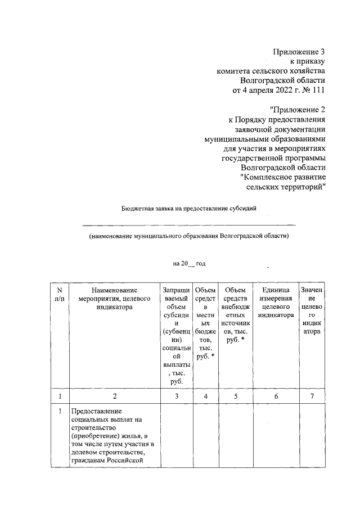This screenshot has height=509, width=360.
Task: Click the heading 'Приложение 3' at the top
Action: (299, 52)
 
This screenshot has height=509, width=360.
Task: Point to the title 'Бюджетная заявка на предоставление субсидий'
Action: (189, 208)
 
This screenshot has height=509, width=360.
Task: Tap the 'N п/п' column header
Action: (60, 294)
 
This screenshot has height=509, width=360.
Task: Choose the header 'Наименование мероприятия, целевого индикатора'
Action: (114, 298)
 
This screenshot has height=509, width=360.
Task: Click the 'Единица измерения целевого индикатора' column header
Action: (276, 303)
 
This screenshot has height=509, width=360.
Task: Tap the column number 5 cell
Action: (236, 396)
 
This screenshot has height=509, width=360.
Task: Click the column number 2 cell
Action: (114, 396)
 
